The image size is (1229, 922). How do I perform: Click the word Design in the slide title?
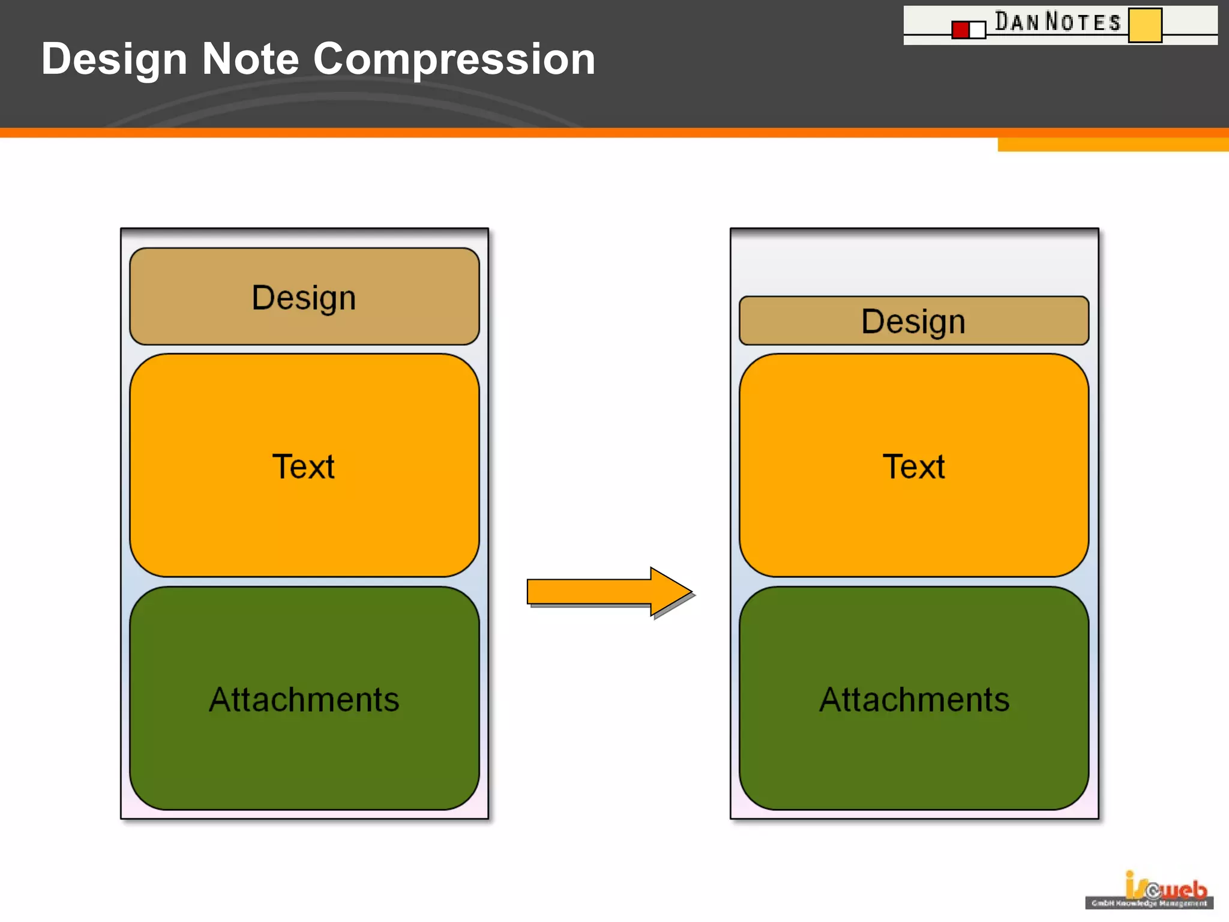(114, 60)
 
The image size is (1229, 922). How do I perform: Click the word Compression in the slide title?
(454, 60)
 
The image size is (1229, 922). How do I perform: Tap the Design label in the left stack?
(304, 298)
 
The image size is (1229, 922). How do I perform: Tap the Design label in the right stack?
(913, 322)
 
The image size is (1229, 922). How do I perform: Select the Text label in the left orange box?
(304, 466)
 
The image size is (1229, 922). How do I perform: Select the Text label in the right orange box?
(913, 466)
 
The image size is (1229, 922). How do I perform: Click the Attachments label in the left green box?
(304, 699)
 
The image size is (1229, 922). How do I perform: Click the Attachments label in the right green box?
(914, 699)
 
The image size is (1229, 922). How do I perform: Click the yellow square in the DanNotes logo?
(1144, 25)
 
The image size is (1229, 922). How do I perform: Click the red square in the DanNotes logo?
(960, 30)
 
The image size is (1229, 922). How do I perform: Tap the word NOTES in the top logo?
(1083, 22)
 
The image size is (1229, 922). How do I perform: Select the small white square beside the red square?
(978, 30)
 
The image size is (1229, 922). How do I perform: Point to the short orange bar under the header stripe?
(1113, 145)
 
